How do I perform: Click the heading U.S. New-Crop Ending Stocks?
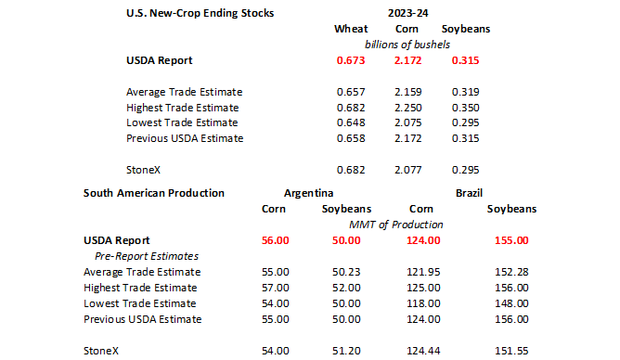(x=200, y=13)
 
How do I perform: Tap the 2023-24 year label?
(x=407, y=13)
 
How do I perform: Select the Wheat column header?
(x=351, y=29)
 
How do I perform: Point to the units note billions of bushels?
(x=407, y=45)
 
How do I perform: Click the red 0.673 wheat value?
(x=351, y=60)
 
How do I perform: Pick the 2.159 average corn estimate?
(x=408, y=92)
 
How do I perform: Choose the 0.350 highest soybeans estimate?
(x=465, y=108)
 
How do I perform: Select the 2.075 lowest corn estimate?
(x=408, y=122)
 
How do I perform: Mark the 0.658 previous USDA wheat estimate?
(x=351, y=138)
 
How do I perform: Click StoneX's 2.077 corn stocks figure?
(x=408, y=171)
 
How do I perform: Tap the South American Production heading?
(x=154, y=193)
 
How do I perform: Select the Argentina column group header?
(x=308, y=193)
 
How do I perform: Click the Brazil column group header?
(x=469, y=193)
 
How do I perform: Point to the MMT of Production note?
(x=395, y=225)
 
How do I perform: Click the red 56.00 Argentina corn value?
(x=276, y=240)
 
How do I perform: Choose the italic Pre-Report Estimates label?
(x=147, y=256)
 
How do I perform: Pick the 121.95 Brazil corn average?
(x=423, y=272)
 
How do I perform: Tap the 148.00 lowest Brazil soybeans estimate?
(x=511, y=304)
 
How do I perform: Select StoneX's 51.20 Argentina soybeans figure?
(x=346, y=352)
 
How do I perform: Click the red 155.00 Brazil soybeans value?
(x=511, y=240)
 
